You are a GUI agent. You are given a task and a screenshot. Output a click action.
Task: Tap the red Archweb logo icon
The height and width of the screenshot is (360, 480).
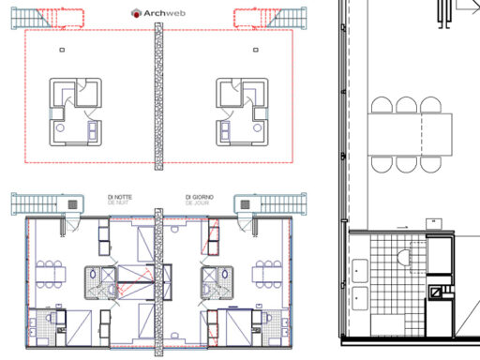coord(137,14)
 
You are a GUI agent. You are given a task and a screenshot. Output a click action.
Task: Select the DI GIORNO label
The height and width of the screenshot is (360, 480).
coord(199,197)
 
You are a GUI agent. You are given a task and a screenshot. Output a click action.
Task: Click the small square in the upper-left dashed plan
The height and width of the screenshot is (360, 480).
coord(62,48)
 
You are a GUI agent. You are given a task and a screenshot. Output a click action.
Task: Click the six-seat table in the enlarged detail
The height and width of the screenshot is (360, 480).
coord(409,132)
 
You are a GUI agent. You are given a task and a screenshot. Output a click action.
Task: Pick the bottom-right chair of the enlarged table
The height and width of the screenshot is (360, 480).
coord(433,163)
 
